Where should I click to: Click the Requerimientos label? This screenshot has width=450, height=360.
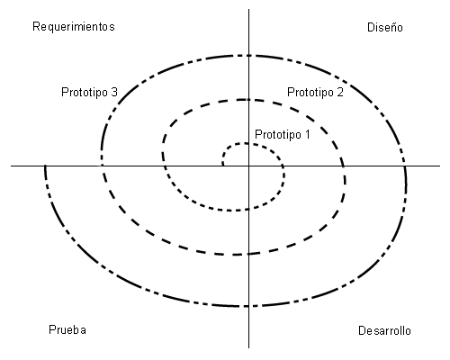click(74, 27)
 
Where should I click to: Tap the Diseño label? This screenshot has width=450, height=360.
click(385, 27)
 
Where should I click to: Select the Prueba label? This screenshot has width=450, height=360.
click(67, 329)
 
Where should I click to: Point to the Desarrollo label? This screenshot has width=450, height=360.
click(384, 330)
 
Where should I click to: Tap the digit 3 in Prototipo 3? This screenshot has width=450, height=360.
click(114, 92)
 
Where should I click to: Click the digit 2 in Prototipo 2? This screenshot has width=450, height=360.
click(340, 92)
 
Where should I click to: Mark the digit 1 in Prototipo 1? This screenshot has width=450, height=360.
click(307, 134)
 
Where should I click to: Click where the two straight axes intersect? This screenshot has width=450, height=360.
click(248, 166)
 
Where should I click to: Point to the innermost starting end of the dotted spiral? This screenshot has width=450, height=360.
click(223, 165)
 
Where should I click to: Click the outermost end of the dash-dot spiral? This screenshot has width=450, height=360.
click(45, 166)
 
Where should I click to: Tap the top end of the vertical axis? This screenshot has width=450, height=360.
click(248, 9)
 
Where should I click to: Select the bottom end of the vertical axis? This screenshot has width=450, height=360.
click(248, 348)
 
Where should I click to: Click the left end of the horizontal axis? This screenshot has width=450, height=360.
click(11, 166)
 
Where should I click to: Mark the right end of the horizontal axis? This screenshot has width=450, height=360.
click(440, 166)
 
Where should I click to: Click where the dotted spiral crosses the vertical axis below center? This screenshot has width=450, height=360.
click(248, 209)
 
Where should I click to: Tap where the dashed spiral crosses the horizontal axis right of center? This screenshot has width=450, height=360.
click(344, 166)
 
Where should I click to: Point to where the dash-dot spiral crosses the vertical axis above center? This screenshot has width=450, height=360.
click(248, 56)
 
